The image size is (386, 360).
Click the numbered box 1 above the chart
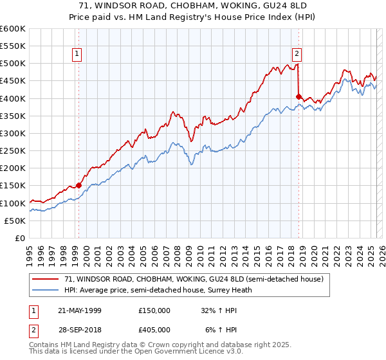tap(77, 54)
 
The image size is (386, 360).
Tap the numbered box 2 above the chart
tap(297, 54)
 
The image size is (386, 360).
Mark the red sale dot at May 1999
tap(79, 185)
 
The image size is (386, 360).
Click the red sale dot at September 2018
tap(299, 96)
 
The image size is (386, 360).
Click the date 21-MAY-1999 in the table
tap(80, 310)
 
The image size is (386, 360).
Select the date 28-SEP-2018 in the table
tap(80, 329)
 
